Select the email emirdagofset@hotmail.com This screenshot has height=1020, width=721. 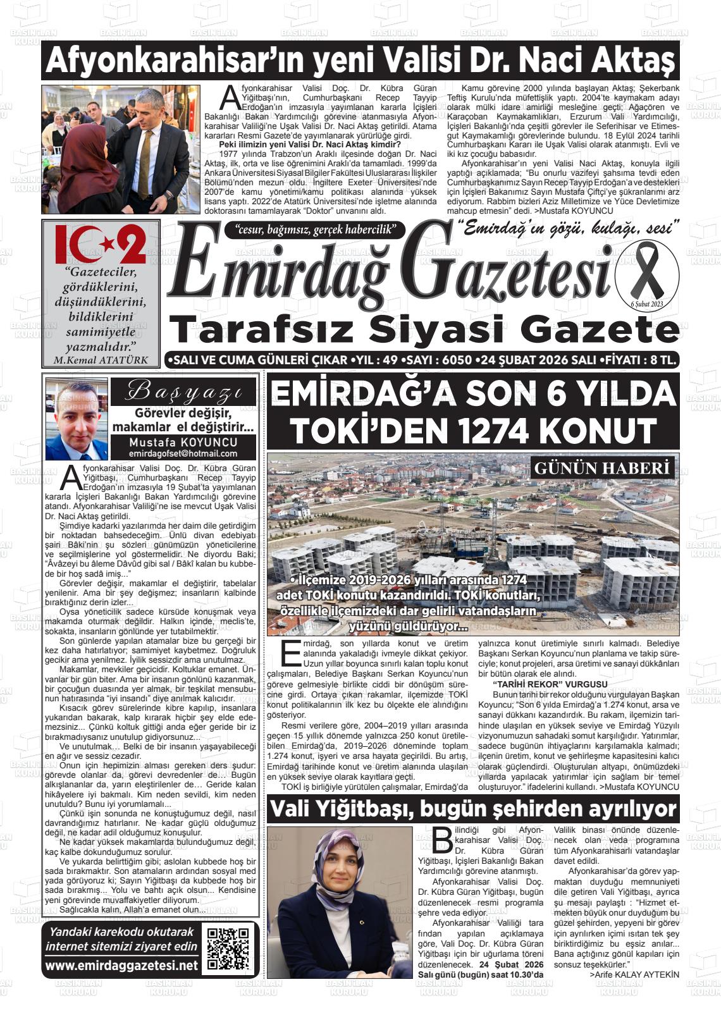click(x=183, y=453)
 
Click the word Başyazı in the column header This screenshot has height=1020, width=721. click(x=183, y=392)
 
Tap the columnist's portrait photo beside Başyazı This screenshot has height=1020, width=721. click(x=77, y=419)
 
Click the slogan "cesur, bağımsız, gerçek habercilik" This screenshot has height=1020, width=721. click(x=314, y=230)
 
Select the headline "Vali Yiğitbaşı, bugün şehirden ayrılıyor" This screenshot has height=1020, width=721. click(x=472, y=809)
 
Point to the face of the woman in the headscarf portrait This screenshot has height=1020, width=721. click(x=343, y=871)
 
